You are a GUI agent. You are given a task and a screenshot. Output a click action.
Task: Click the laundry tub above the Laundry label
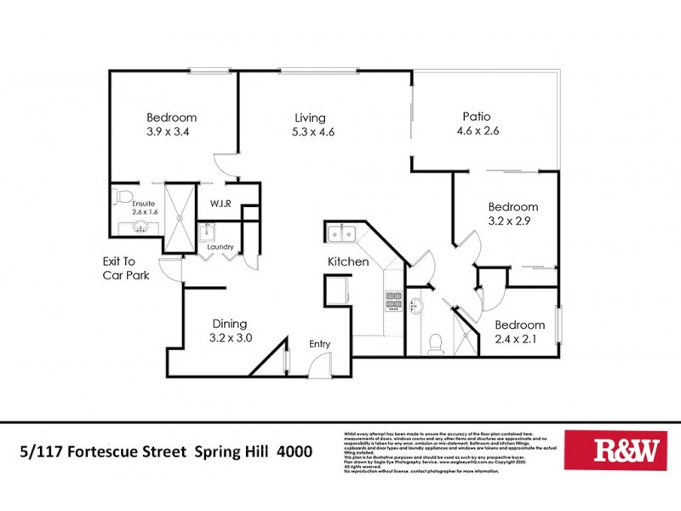(x=209, y=233)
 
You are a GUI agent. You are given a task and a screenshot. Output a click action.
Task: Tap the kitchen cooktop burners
(x=394, y=299)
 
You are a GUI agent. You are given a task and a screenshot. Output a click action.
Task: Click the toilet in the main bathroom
(x=436, y=342)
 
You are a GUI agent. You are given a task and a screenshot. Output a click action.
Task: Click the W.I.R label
(x=221, y=204)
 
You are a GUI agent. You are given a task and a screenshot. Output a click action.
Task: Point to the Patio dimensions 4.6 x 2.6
(x=477, y=131)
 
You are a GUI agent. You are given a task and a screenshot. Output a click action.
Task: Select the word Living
(x=310, y=118)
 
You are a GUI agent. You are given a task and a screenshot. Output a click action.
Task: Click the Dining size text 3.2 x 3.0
(x=230, y=338)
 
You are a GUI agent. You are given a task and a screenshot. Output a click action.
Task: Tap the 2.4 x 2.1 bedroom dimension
(x=519, y=340)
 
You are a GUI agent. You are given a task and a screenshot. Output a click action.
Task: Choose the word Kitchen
(x=348, y=261)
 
